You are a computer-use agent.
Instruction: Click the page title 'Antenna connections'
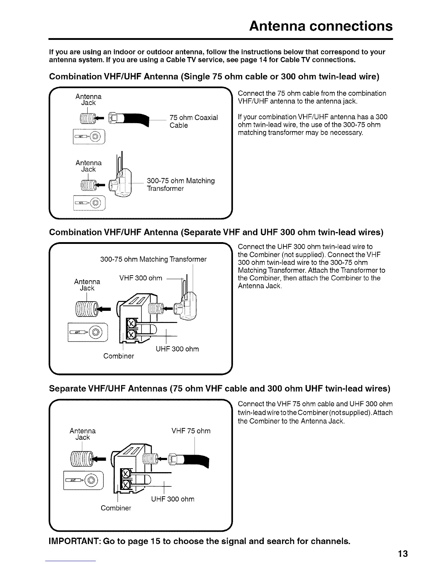click(x=321, y=26)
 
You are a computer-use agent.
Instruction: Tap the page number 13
click(x=403, y=554)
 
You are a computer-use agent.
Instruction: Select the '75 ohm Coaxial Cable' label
click(x=193, y=121)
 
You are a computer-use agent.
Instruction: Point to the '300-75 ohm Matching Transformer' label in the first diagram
click(x=181, y=184)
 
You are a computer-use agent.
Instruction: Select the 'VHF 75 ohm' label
click(x=191, y=431)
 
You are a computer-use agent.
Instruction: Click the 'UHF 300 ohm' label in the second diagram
click(x=177, y=349)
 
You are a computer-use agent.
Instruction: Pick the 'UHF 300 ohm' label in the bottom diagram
click(x=173, y=499)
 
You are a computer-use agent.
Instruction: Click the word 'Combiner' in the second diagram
click(x=119, y=356)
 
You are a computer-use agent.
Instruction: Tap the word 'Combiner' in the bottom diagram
click(x=116, y=508)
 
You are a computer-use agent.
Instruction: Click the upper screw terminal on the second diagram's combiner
click(x=131, y=324)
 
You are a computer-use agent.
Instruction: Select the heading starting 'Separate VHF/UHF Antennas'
click(x=219, y=388)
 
